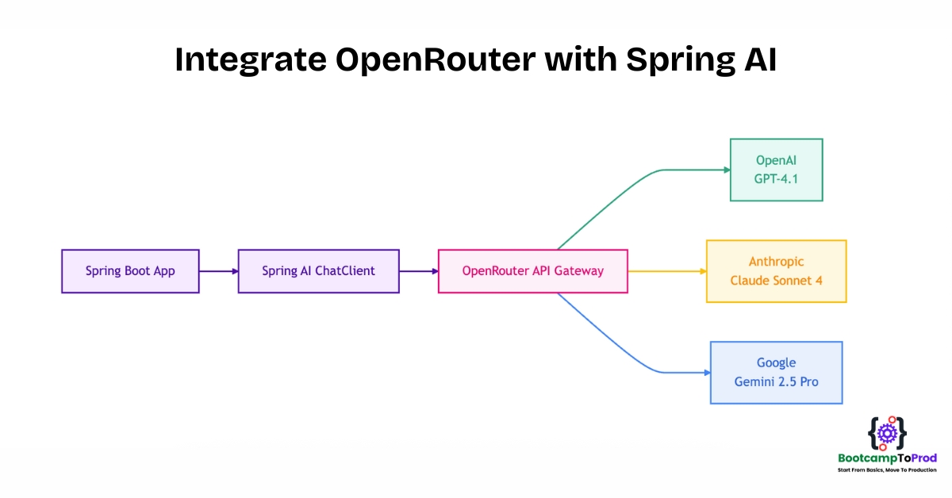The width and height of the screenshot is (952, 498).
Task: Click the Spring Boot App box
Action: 130,271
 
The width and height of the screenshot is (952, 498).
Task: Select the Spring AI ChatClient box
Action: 319,271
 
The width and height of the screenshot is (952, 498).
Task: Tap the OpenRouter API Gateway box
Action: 533,271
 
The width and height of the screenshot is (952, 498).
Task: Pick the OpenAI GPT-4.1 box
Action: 777,170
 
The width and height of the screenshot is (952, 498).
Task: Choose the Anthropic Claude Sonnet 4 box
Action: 777,271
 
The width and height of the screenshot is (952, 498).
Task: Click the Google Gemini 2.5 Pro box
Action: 777,373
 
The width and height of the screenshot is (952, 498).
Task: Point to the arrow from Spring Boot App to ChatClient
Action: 219,271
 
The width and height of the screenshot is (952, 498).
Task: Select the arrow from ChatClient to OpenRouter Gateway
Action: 419,271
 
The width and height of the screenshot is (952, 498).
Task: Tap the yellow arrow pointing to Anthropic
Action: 667,271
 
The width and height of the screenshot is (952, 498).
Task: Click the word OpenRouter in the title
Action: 436,60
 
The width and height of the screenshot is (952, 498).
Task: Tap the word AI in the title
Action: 761,59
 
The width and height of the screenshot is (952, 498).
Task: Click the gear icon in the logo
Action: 888,434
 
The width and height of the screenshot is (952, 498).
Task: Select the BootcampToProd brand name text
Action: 888,458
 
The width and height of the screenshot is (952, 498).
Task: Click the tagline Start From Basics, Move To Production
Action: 887,470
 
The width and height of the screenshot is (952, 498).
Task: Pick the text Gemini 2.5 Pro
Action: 777,382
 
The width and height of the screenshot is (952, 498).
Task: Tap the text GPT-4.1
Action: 776,179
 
